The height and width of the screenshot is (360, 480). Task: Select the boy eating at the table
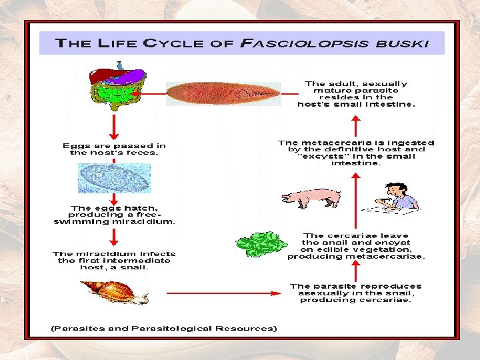[398, 197]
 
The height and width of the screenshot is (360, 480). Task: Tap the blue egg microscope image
[113, 178]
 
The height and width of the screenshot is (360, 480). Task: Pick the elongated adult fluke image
[223, 94]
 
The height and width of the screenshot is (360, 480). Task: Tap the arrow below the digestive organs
[115, 126]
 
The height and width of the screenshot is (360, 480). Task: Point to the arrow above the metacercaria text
[356, 125]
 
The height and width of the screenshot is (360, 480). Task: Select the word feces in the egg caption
[143, 153]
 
